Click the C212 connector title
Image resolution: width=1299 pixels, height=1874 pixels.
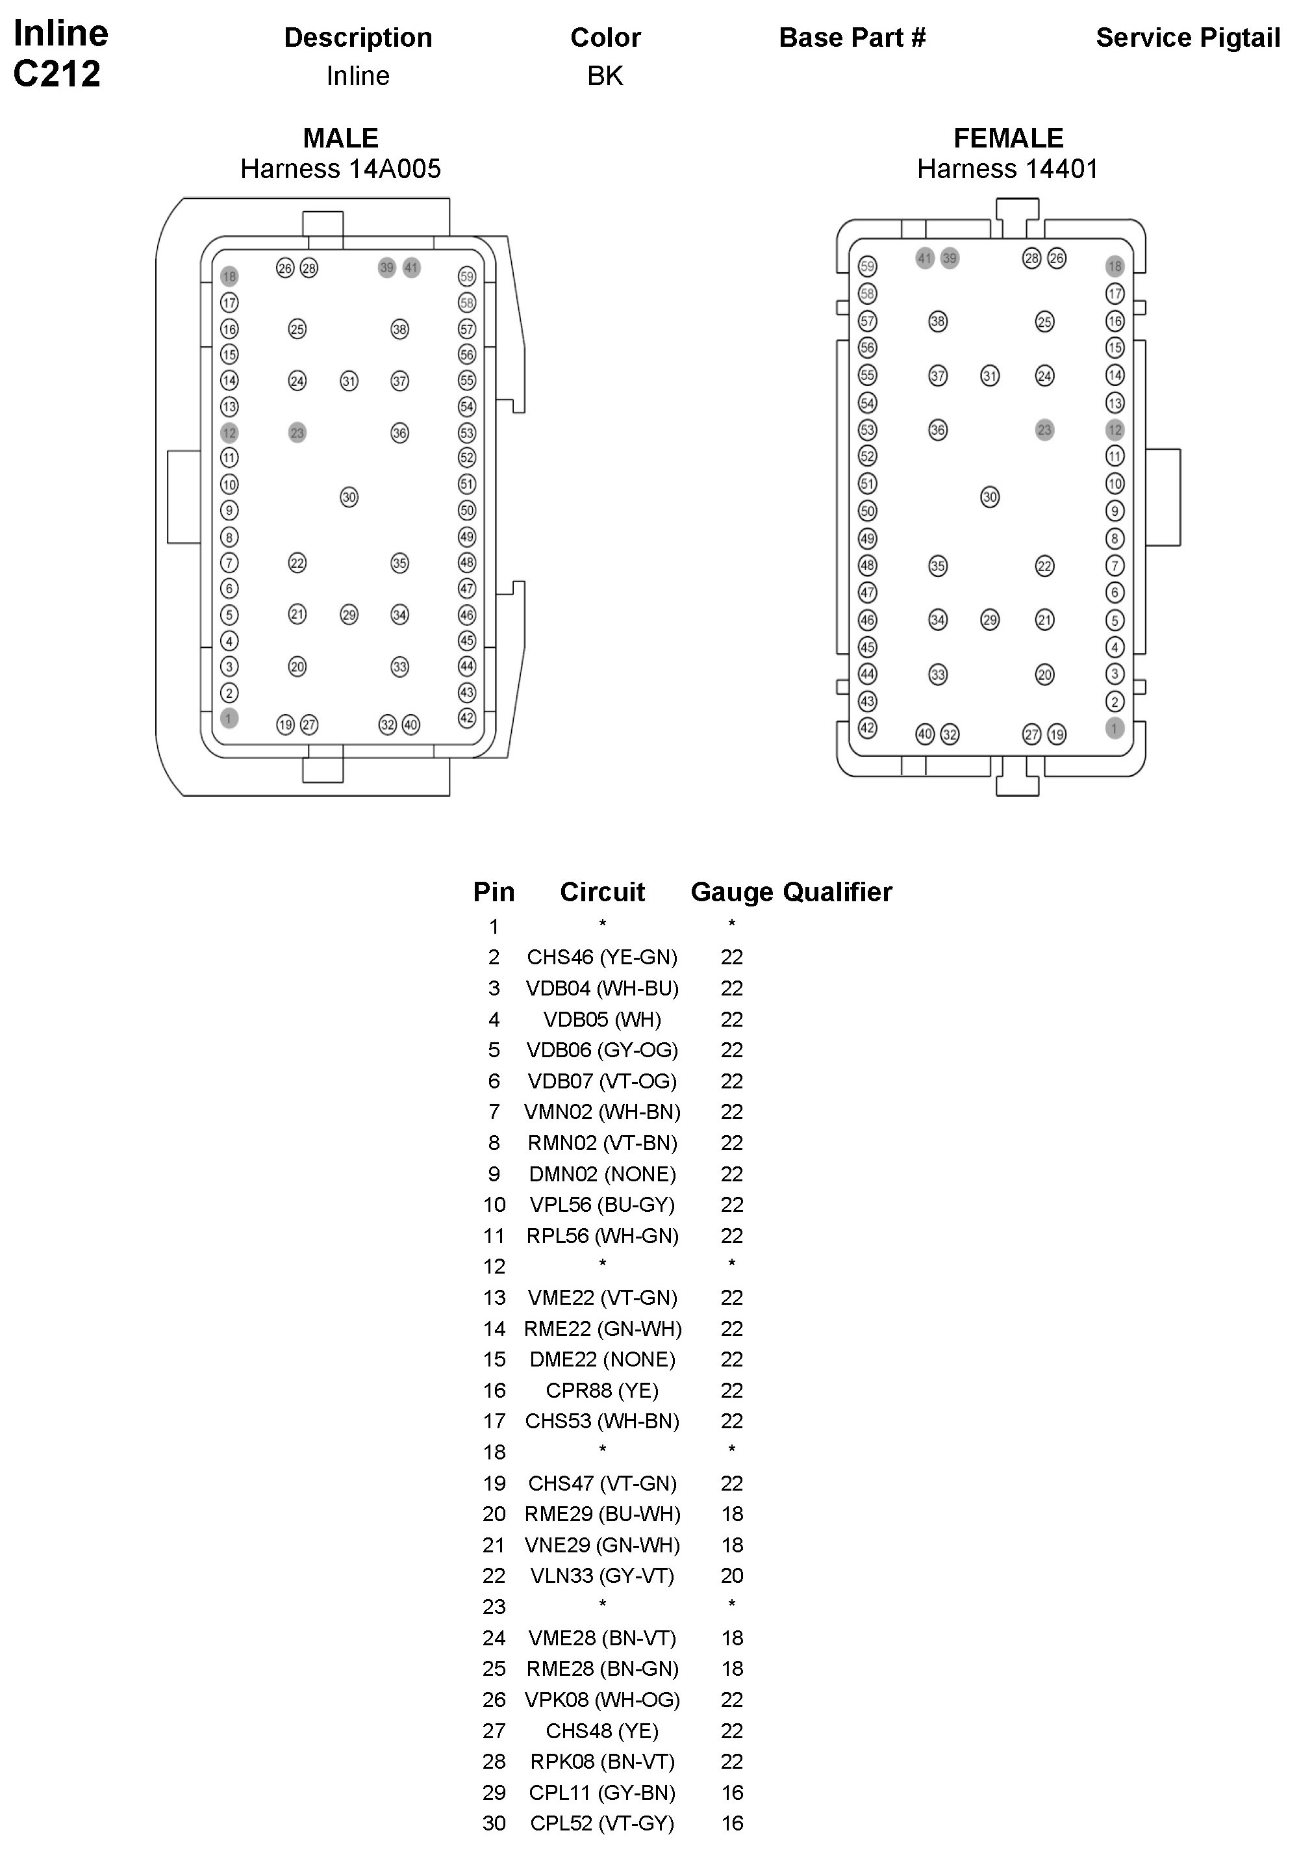[57, 73]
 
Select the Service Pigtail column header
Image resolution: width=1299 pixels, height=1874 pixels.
[1187, 38]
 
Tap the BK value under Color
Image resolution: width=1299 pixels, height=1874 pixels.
[605, 76]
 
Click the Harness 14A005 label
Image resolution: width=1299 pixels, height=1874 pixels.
[340, 168]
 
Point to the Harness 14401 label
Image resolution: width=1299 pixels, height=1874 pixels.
[1007, 168]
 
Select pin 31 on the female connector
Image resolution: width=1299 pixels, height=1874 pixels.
[990, 376]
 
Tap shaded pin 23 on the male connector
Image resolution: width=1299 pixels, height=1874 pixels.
[297, 432]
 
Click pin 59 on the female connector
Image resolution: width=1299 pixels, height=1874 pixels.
[868, 266]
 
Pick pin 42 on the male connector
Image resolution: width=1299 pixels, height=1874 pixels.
[466, 718]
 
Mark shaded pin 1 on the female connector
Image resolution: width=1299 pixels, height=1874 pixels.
[1115, 728]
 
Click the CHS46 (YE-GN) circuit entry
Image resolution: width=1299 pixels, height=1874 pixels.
[602, 956]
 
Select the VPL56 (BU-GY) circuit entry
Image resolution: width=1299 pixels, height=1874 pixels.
[602, 1204]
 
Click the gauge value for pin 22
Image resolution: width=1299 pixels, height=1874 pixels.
[732, 1575]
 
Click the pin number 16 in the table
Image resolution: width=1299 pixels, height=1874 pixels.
[494, 1390]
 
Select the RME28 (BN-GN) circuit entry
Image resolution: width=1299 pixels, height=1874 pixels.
[602, 1668]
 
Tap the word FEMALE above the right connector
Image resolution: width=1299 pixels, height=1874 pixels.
[1007, 138]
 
